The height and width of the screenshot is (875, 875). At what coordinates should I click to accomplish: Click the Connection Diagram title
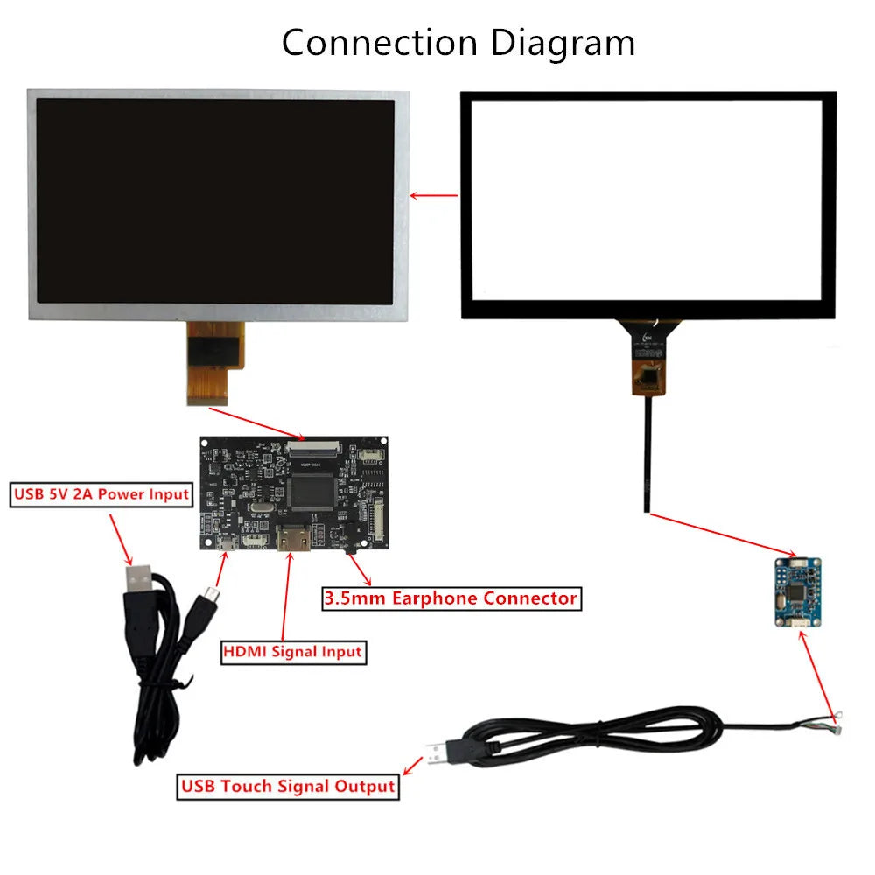pos(458,42)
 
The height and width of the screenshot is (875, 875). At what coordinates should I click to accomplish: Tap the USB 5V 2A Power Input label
pos(101,494)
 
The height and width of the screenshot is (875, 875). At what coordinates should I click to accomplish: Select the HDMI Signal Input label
pos(292,651)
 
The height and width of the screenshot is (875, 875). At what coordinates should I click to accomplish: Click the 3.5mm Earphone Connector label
pos(451,598)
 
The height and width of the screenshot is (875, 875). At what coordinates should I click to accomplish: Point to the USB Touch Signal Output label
pos(288,786)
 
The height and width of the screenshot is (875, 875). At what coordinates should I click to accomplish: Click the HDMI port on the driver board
pos(293,540)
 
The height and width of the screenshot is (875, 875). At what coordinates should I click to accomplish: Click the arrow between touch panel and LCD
pos(435,195)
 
